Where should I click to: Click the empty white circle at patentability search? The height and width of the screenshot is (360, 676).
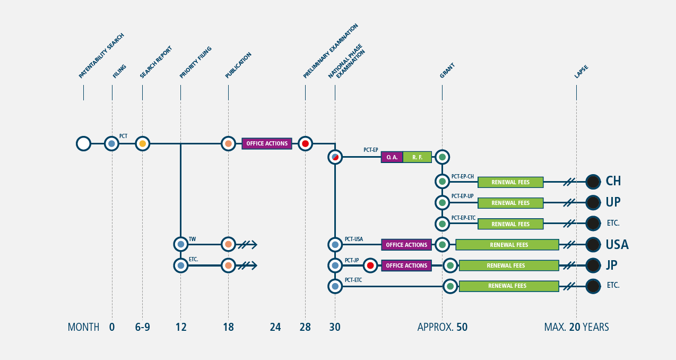click(84, 144)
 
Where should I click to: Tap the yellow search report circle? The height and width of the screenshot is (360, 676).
click(142, 144)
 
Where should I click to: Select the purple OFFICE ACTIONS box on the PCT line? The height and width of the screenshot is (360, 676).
click(267, 143)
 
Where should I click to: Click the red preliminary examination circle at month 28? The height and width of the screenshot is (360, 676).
click(305, 144)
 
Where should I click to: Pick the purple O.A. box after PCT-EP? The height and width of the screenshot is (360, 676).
click(392, 157)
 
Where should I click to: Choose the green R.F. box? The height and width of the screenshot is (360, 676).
click(418, 157)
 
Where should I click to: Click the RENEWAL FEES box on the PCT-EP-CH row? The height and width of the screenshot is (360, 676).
click(510, 182)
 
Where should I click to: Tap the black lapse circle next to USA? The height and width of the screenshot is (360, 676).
click(593, 245)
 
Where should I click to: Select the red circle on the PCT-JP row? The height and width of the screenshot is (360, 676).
click(370, 265)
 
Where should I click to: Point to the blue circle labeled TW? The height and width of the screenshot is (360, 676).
click(181, 244)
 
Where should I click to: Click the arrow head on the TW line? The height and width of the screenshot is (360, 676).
click(254, 244)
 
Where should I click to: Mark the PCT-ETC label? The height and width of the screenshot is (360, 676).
click(353, 280)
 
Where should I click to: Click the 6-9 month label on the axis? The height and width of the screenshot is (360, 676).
click(142, 327)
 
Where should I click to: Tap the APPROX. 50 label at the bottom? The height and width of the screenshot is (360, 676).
click(442, 327)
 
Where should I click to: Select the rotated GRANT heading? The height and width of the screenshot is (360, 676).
click(447, 71)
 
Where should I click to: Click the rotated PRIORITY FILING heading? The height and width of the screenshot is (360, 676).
click(196, 62)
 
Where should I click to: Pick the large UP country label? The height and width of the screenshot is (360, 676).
click(613, 202)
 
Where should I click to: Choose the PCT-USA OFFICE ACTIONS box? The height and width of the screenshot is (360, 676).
click(406, 245)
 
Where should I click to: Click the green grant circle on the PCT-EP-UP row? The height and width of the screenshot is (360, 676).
click(442, 202)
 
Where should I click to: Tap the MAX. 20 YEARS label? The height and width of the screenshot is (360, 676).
click(576, 327)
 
